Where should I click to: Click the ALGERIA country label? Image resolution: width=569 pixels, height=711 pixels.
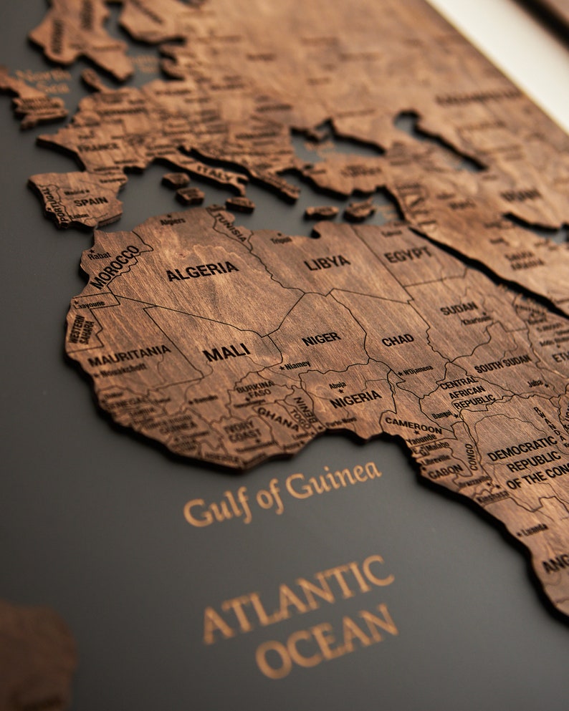click(202, 271)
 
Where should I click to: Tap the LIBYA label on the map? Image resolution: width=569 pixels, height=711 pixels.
click(327, 263)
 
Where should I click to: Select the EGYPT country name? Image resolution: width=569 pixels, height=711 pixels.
click(408, 255)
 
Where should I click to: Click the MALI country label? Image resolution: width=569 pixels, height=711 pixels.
click(226, 352)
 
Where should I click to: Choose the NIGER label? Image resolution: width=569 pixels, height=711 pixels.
click(320, 339)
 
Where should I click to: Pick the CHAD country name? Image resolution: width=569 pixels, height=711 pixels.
click(397, 340)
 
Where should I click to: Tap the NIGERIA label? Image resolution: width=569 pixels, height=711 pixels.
click(355, 399)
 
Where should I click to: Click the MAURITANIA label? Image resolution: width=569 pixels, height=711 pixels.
click(130, 355)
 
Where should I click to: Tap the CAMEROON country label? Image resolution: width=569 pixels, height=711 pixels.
click(413, 423)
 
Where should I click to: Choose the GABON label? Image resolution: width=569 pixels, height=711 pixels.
click(445, 470)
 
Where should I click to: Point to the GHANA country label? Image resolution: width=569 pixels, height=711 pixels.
click(277, 415)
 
